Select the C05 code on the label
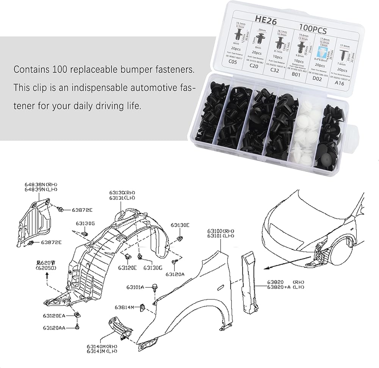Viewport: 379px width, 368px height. pyautogui.click(x=232, y=61)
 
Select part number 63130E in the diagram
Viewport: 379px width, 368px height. pyautogui.click(x=180, y=225)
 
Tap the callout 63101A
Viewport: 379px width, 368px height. pyautogui.click(x=135, y=287)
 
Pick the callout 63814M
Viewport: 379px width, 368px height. pyautogui.click(x=125, y=307)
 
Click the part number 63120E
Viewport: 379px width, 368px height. pyautogui.click(x=127, y=267)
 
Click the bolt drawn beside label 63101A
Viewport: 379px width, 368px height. pyautogui.click(x=155, y=287)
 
